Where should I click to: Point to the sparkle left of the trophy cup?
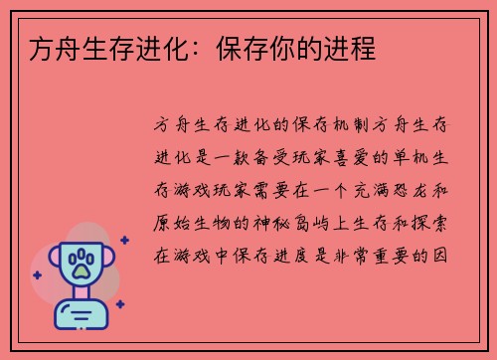pyautogui.click(x=37, y=274)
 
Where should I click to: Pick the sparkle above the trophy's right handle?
pyautogui.click(x=123, y=240)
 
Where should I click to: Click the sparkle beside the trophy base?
pyautogui.click(x=119, y=304)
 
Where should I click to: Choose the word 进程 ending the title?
pyautogui.click(x=353, y=48)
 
